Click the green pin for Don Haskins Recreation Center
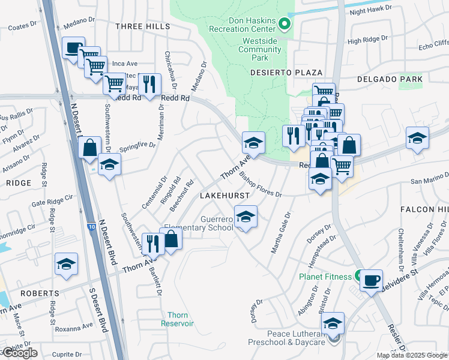tap(285, 25)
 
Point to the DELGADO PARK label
tap(390, 79)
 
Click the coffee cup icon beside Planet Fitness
tap(372, 280)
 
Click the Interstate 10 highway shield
tap(91, 227)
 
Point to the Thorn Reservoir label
tap(177, 319)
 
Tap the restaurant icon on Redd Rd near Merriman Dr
tap(149, 84)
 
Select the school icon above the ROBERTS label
tap(66, 264)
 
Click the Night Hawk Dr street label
tap(370, 11)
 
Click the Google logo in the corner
tap(20, 353)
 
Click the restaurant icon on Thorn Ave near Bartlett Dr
tap(152, 244)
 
